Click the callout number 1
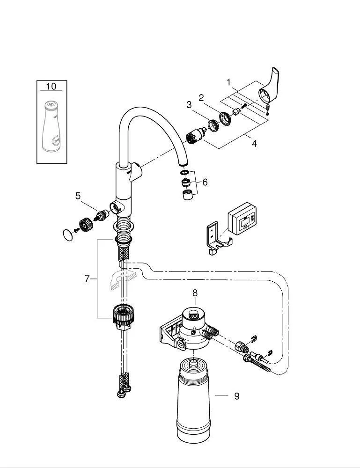pos(228,83)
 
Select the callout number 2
pos(201,98)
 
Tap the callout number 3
pos(189,105)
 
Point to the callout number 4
pos(254,144)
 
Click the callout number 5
pos(78,196)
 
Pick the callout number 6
pos(205,182)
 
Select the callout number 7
pos(87,279)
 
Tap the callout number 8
pos(195,293)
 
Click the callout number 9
pos(236,396)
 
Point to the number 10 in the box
pos(51,86)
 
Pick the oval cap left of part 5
pos(70,233)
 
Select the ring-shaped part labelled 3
pos(214,124)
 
